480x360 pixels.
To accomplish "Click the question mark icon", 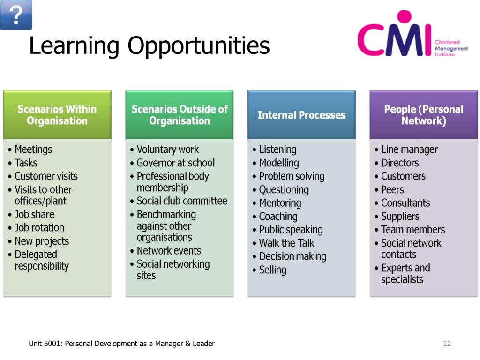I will pyautogui.click(x=16, y=15).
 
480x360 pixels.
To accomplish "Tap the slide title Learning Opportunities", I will pyautogui.click(x=149, y=46).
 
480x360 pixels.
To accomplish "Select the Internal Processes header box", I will pyautogui.click(x=301, y=115).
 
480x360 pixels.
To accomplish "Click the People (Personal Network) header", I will pyautogui.click(x=423, y=115).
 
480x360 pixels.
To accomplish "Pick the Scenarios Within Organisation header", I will pyautogui.click(x=57, y=115).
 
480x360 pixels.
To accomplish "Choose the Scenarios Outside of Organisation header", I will pyautogui.click(x=179, y=115).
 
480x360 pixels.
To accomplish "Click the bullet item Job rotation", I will pyautogui.click(x=39, y=228).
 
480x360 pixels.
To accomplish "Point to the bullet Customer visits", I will pyautogui.click(x=46, y=176).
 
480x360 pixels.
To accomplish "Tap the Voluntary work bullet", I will pyautogui.click(x=167, y=150).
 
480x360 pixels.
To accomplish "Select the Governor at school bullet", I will pyautogui.click(x=175, y=163).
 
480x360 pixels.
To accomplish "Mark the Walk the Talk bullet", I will pyautogui.click(x=286, y=243).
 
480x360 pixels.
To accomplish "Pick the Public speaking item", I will pyautogui.click(x=291, y=230).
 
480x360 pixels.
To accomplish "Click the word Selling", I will pyautogui.click(x=272, y=270).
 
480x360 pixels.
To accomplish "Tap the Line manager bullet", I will pyautogui.click(x=409, y=150).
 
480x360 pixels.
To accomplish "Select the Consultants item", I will pyautogui.click(x=405, y=203).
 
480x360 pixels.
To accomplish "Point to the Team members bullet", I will pyautogui.click(x=413, y=230).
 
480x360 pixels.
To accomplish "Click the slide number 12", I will pyautogui.click(x=447, y=344).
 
